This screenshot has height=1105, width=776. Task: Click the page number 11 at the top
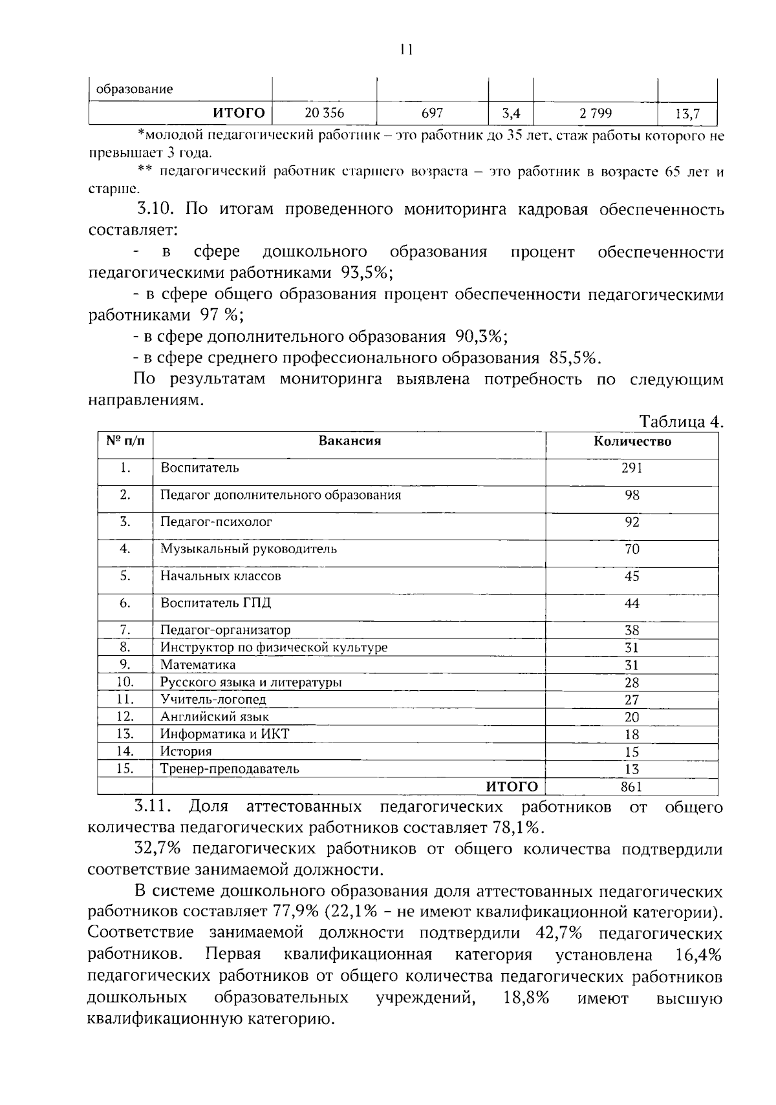(406, 50)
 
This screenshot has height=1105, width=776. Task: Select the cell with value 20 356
(324, 113)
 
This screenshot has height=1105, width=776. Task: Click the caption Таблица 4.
(681, 422)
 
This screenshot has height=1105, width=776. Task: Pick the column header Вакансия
(350, 441)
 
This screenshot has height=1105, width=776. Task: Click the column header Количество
(632, 442)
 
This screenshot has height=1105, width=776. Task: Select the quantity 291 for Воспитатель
(632, 468)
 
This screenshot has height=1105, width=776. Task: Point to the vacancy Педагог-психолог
(216, 521)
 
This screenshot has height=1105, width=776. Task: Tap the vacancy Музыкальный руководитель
(248, 549)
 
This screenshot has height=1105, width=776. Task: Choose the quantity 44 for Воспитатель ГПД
(632, 604)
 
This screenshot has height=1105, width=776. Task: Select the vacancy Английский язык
(215, 717)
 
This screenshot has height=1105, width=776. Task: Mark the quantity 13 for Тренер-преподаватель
(632, 769)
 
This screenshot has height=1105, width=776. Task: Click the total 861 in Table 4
(632, 786)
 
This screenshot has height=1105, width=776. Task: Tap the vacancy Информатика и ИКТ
(224, 734)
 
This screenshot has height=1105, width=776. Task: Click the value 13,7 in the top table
(687, 114)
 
